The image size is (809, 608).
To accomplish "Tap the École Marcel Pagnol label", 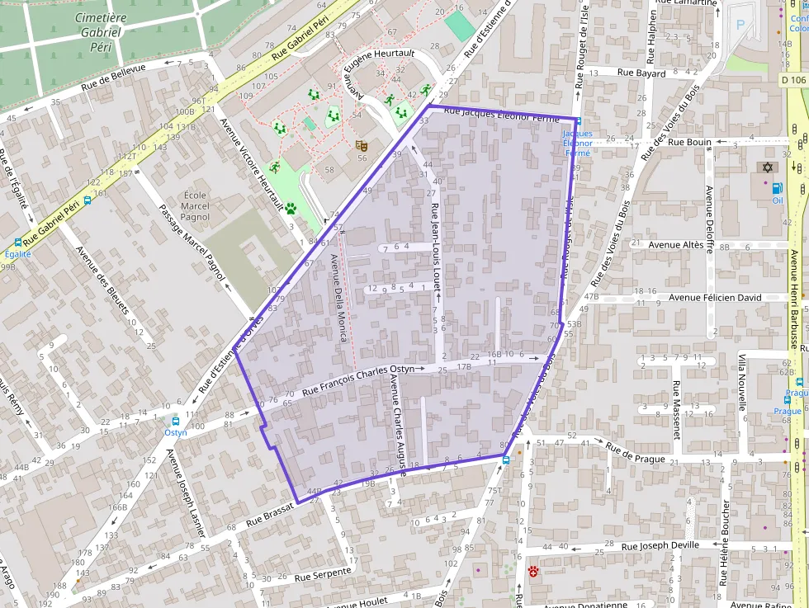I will pos(195,206).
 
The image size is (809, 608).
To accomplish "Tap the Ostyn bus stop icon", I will pos(176,421).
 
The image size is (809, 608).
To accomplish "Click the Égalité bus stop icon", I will pos(17,243).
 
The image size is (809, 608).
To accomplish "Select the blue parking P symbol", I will pos(740,26).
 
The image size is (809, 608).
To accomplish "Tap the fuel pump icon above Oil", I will pos(777,188).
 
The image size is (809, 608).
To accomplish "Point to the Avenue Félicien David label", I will pos(715,297).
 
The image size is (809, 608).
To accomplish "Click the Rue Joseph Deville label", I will pos(660,545).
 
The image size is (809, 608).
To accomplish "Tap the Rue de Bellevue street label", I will pos(114,78).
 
